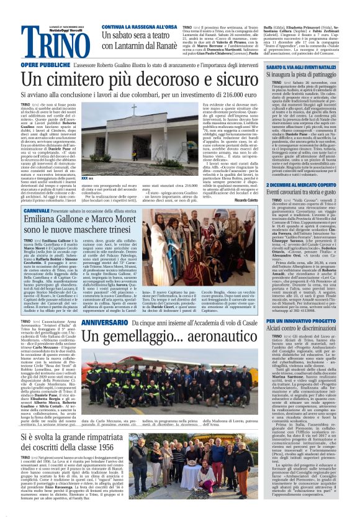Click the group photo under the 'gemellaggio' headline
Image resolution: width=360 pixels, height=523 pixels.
point(173,381)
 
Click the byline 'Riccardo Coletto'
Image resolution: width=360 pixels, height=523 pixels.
point(264,201)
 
